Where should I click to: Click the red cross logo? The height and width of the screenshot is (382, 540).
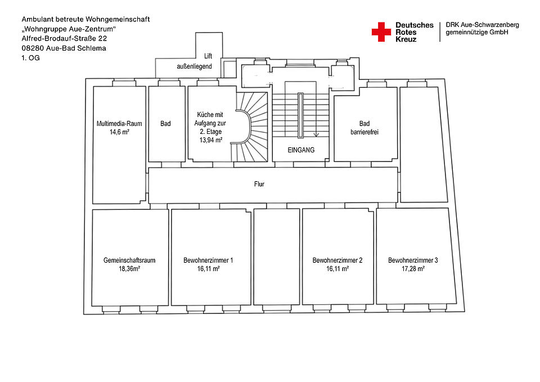pyautogui.click(x=381, y=32)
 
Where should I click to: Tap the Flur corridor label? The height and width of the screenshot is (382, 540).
pyautogui.click(x=259, y=184)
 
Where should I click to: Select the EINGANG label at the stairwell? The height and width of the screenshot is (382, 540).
pyautogui.click(x=301, y=150)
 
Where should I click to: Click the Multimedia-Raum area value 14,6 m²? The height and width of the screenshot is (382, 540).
pyautogui.click(x=119, y=132)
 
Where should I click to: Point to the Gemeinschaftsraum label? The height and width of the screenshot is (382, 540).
pyautogui.click(x=129, y=260)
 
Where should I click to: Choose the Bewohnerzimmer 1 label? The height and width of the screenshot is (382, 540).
pyautogui.click(x=208, y=260)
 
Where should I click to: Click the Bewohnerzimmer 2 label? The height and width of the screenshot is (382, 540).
pyautogui.click(x=337, y=260)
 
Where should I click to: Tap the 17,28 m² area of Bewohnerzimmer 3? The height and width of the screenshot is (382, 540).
pyautogui.click(x=413, y=269)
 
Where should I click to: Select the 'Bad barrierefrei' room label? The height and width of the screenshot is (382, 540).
pyautogui.click(x=364, y=128)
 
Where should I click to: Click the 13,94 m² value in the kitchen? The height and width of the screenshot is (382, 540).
pyautogui.click(x=211, y=140)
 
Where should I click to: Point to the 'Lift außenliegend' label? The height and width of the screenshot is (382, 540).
pyautogui.click(x=195, y=61)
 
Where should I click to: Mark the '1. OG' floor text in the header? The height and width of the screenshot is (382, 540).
pyautogui.click(x=30, y=58)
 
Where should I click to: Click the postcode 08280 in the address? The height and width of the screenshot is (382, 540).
pyautogui.click(x=31, y=48)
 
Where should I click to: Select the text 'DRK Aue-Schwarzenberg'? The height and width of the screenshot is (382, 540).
pyautogui.click(x=482, y=25)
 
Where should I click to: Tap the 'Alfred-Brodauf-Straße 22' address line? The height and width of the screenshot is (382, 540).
pyautogui.click(x=64, y=39)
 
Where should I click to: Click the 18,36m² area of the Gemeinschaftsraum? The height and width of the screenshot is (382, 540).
pyautogui.click(x=129, y=269)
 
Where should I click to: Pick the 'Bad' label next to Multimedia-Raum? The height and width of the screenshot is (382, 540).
pyautogui.click(x=165, y=123)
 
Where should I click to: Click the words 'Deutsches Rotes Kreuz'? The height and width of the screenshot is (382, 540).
pyautogui.click(x=415, y=32)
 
